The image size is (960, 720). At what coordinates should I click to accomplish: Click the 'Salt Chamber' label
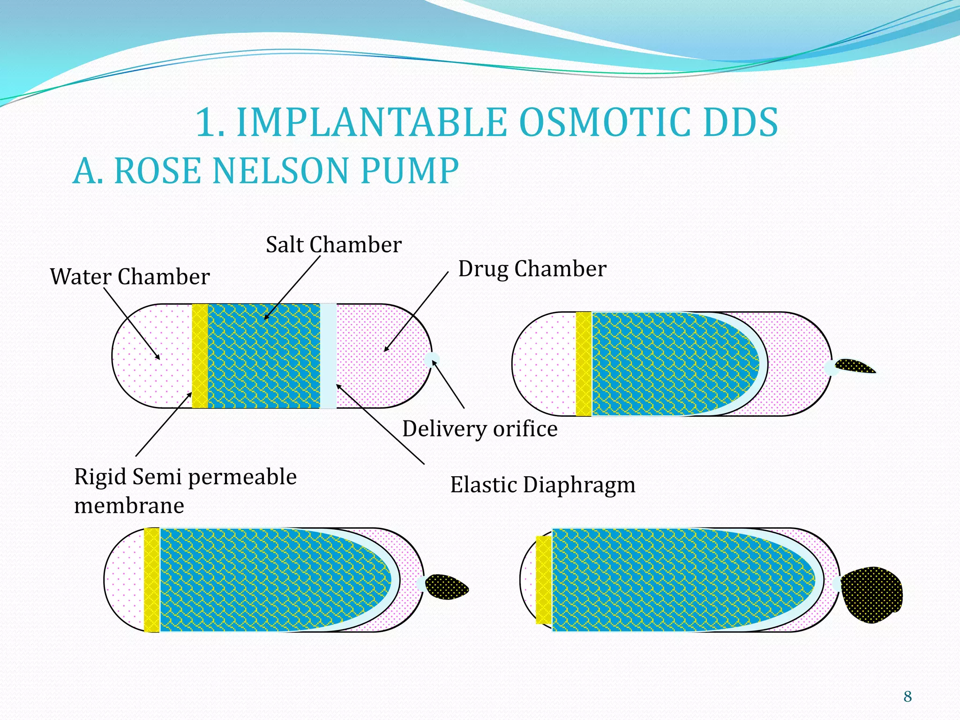tap(333, 245)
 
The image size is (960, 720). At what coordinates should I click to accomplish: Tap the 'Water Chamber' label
tap(130, 277)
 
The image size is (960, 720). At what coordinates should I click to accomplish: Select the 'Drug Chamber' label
tap(532, 269)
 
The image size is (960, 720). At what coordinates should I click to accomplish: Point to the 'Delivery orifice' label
tap(480, 429)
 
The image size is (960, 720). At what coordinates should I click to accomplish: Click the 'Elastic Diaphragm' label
tap(543, 485)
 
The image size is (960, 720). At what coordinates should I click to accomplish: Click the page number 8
tap(907, 697)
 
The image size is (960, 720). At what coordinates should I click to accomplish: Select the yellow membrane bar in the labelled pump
tap(200, 356)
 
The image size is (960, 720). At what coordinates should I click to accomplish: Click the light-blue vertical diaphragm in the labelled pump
tap(328, 356)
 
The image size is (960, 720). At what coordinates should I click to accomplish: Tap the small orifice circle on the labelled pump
tap(432, 360)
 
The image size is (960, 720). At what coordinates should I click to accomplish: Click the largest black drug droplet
tap(872, 594)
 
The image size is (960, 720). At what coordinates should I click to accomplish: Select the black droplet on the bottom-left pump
tap(446, 587)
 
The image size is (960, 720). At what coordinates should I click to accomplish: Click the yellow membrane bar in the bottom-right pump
tap(544, 580)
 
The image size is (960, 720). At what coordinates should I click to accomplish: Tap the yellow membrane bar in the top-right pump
tap(584, 364)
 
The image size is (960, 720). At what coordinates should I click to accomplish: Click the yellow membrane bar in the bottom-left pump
tap(152, 580)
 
